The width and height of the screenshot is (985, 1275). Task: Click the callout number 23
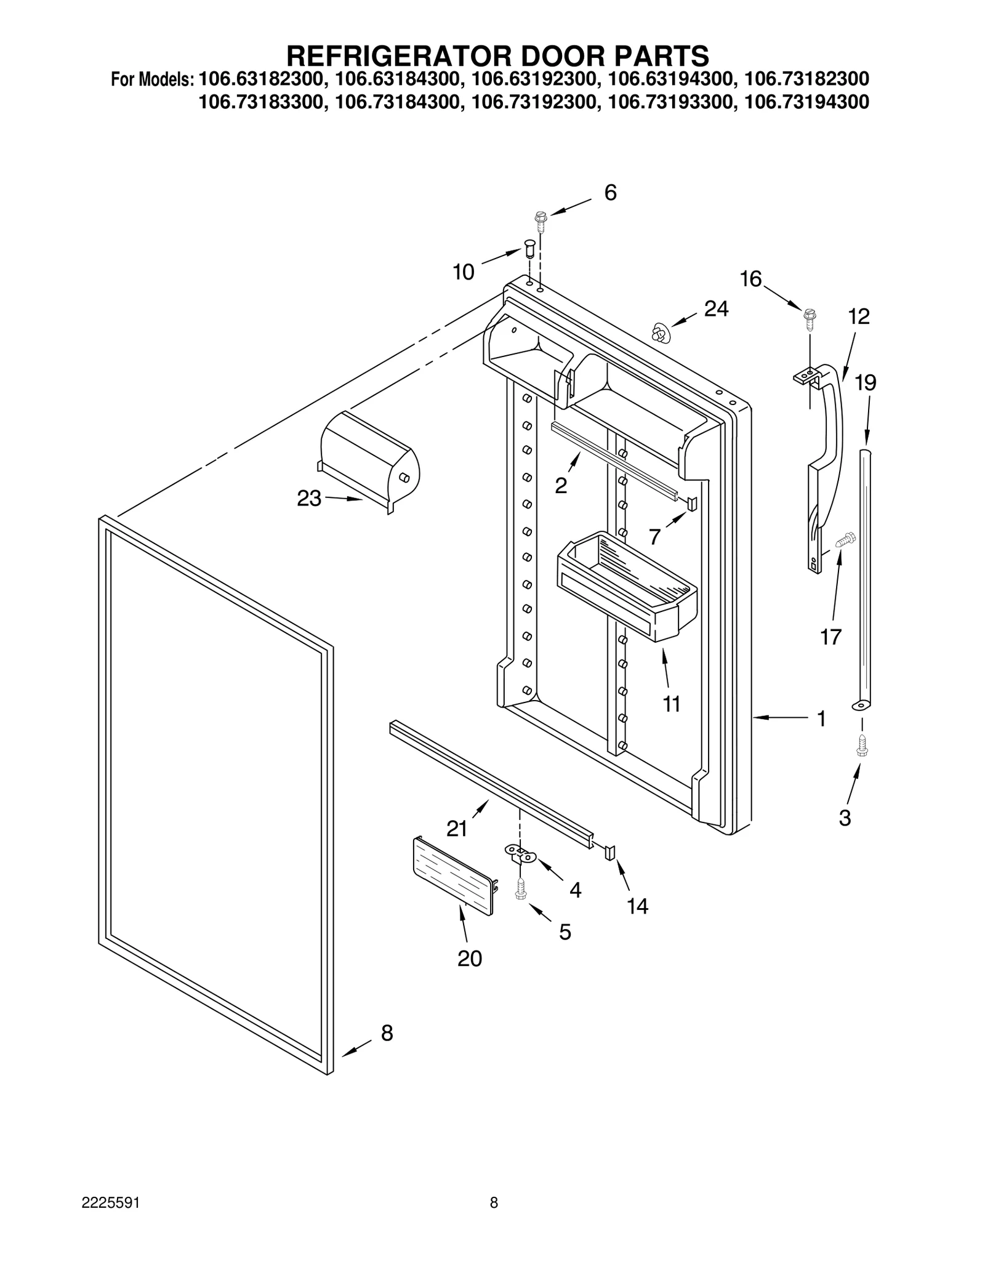point(309,499)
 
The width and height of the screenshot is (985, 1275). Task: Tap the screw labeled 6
point(541,220)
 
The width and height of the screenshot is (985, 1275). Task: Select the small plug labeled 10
point(529,251)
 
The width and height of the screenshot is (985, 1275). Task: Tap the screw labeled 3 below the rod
point(862,746)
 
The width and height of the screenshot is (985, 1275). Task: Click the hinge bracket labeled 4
point(521,853)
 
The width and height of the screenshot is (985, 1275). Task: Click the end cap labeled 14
point(611,852)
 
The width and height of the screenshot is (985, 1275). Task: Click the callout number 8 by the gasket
point(387,1033)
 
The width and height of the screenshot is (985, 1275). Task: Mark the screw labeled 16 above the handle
point(809,318)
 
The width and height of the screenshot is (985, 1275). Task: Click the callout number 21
point(457,829)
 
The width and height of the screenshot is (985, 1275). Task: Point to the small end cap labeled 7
point(692,504)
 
